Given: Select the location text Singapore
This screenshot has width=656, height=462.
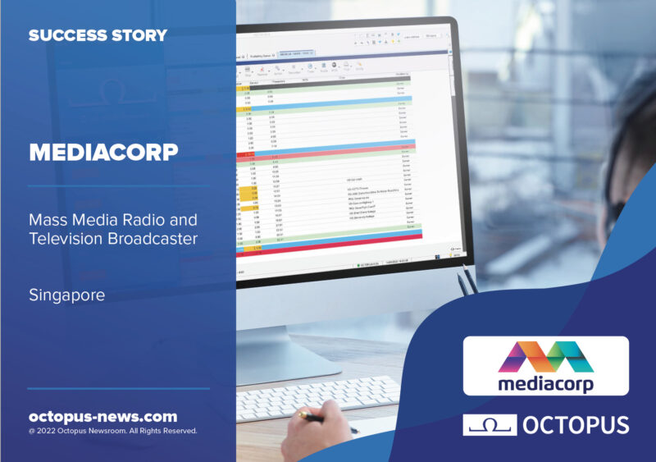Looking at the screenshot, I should pos(66,295).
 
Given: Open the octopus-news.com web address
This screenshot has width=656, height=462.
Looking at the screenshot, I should pos(102,416).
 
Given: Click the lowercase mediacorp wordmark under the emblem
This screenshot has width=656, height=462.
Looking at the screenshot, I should pos(545,384).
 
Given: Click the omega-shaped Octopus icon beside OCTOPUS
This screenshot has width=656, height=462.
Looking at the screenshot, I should pos(490,425).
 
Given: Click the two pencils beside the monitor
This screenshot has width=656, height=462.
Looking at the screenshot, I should pos(467,280).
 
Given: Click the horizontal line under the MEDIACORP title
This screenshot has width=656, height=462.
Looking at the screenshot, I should pos(118,185).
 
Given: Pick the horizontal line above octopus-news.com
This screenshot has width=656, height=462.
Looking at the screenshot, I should pos(118,388).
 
